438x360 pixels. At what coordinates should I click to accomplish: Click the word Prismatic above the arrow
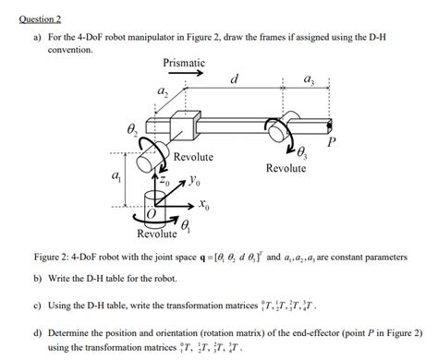click(184, 63)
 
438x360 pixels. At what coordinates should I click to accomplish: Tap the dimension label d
click(235, 81)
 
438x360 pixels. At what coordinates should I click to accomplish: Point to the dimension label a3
click(309, 81)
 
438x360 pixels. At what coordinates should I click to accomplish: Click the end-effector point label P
click(331, 144)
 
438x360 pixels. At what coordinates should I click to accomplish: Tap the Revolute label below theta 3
click(286, 168)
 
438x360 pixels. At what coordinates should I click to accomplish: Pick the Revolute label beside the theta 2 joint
click(193, 157)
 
